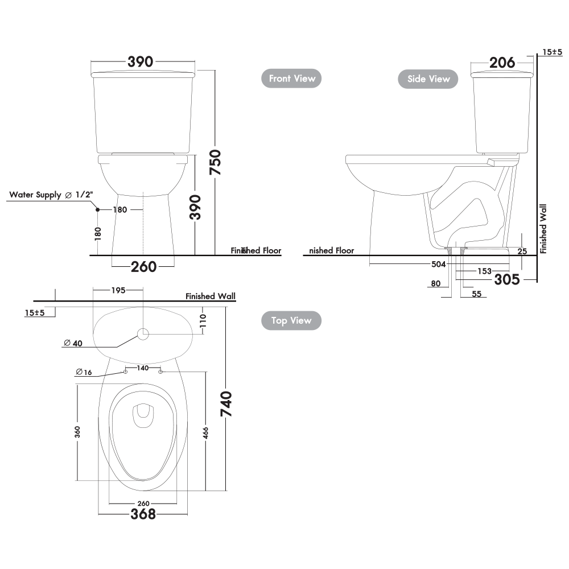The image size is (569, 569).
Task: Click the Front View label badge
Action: [x=292, y=79]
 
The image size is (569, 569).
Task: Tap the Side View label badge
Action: [x=428, y=79]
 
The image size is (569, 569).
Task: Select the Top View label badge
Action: [x=291, y=321]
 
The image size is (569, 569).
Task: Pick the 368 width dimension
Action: [x=143, y=514]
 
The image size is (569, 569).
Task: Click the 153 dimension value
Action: [x=484, y=271]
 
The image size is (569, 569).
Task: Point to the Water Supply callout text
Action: [x=51, y=195]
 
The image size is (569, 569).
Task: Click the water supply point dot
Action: [x=98, y=210]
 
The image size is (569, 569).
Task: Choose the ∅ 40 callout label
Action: [x=72, y=343]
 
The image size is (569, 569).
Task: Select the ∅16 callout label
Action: [x=83, y=372]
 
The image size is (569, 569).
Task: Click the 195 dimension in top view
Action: [x=118, y=290]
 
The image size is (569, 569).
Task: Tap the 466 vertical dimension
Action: [x=206, y=432]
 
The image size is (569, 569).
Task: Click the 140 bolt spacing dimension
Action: [x=142, y=368]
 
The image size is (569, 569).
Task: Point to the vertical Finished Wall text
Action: [x=543, y=229]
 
